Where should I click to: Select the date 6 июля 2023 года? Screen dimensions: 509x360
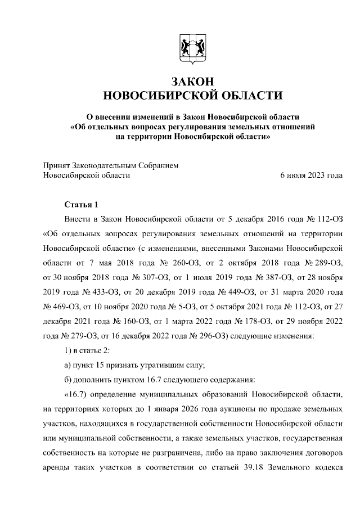click(311, 175)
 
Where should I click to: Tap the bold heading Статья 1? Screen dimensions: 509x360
click(81, 204)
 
